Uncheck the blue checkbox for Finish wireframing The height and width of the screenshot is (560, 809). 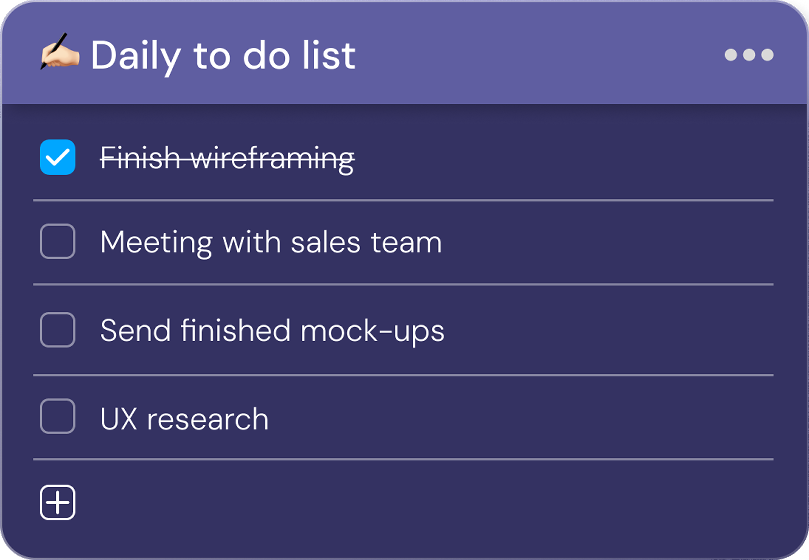pos(58,157)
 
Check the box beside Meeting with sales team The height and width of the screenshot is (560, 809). pos(58,241)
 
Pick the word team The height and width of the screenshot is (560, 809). pos(406,243)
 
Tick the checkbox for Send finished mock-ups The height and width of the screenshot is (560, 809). pos(58,330)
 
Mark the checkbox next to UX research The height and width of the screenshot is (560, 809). pos(58,416)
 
